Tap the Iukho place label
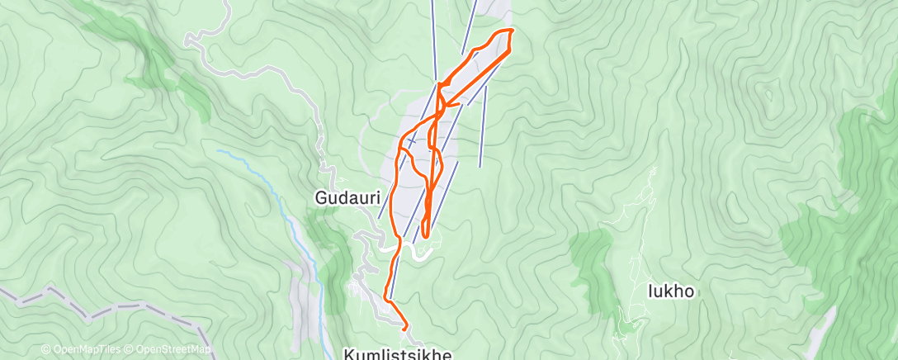(671, 291)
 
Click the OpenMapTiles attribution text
(83, 350)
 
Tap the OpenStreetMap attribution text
(170, 350)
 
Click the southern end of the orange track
(405, 328)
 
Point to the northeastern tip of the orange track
(512, 30)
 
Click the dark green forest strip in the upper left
(157, 58)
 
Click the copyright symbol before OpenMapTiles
(45, 350)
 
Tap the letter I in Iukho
(651, 291)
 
